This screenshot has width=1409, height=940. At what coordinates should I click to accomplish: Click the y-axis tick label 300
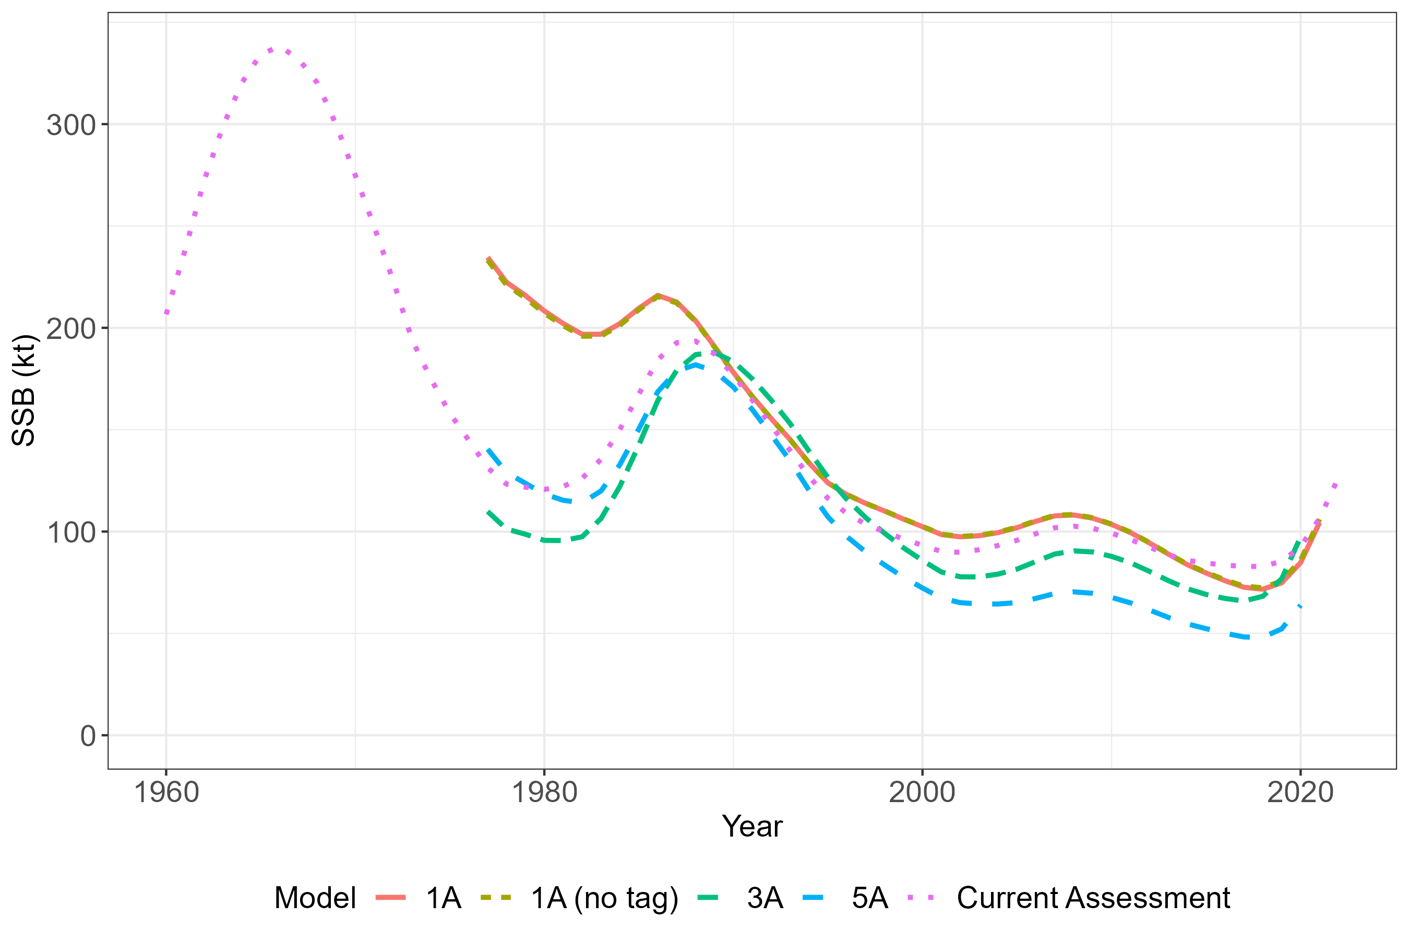click(x=70, y=125)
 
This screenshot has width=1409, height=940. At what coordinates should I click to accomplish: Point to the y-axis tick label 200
click(x=70, y=328)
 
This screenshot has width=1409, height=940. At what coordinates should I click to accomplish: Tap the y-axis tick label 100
click(x=70, y=532)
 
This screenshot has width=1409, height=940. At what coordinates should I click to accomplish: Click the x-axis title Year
click(x=752, y=827)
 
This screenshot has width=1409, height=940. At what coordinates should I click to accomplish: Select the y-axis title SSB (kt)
click(x=24, y=390)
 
